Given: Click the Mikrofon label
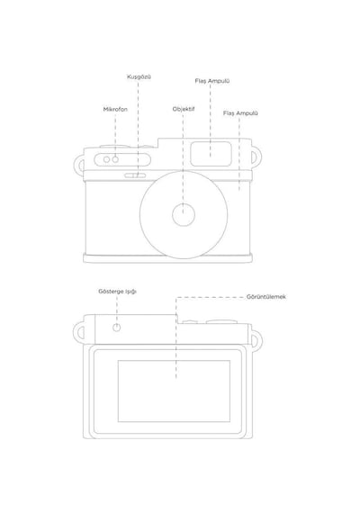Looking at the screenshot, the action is click(115, 109).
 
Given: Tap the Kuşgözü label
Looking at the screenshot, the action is click(139, 77).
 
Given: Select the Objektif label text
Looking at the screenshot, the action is click(184, 109).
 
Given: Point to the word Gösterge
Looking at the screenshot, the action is click(111, 292).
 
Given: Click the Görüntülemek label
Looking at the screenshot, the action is click(266, 297).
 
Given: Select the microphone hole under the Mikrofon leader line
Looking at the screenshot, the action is click(115, 159).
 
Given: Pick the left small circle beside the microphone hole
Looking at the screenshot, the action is click(106, 159).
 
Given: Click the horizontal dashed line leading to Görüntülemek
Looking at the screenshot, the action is click(210, 297).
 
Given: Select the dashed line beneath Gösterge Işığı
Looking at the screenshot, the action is click(117, 310).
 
